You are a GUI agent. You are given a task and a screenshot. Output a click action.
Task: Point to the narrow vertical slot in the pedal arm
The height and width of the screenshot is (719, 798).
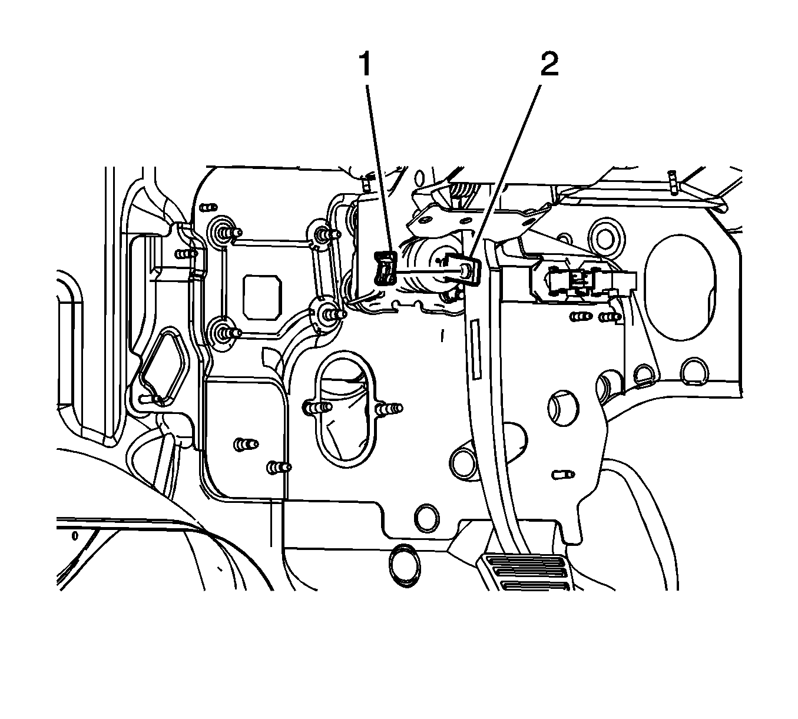pos(475,349)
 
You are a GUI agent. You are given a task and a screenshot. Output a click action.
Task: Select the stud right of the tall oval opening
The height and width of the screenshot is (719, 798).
pos(388,408)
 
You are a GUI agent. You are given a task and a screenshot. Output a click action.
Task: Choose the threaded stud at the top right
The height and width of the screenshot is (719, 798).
pos(672,183)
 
